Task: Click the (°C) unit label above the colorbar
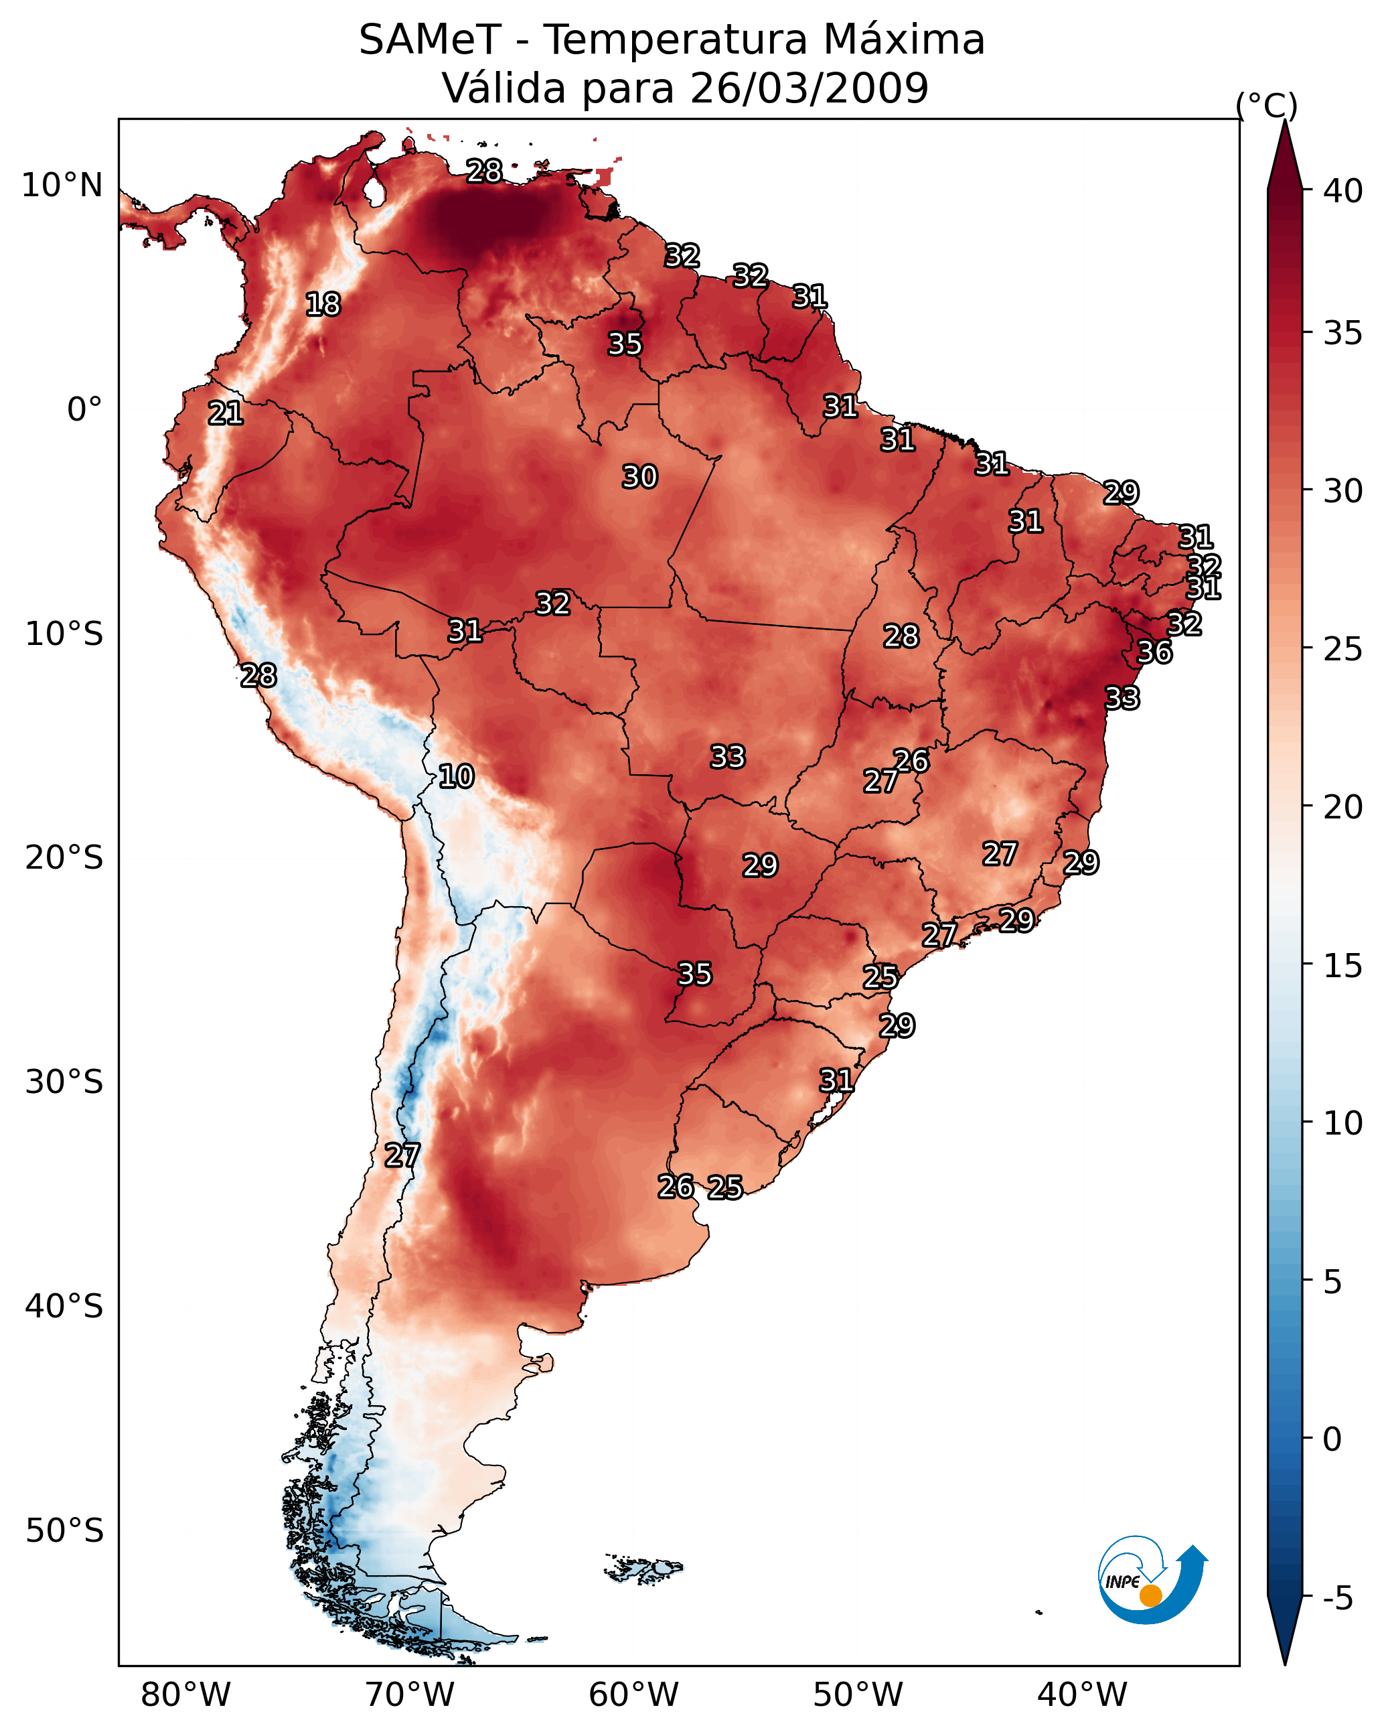click(x=1267, y=105)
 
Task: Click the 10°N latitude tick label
click(x=62, y=186)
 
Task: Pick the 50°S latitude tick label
click(x=64, y=1530)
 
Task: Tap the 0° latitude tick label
click(x=84, y=410)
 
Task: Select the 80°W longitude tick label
click(x=185, y=1696)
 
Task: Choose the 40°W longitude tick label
click(x=1082, y=1696)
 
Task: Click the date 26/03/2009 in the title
click(x=809, y=88)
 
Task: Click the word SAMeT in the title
click(x=430, y=40)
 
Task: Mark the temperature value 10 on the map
click(x=456, y=776)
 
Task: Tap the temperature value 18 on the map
click(x=323, y=305)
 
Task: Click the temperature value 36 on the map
click(x=1154, y=652)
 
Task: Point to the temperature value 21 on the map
click(x=226, y=414)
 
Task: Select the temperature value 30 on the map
click(x=639, y=477)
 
